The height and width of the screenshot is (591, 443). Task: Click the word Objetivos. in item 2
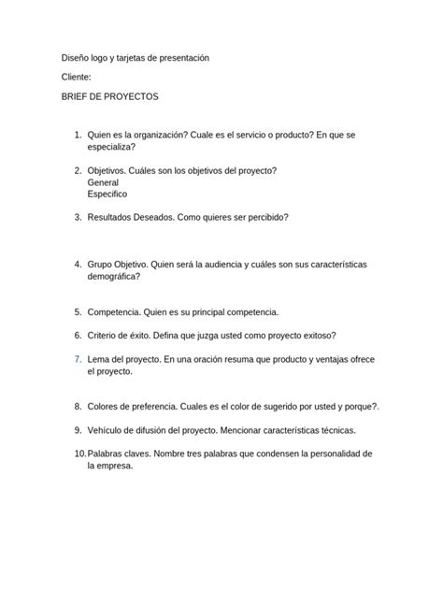pyautogui.click(x=109, y=170)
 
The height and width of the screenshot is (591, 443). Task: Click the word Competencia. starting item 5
pyautogui.click(x=116, y=311)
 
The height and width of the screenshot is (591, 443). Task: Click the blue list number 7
pyautogui.click(x=77, y=359)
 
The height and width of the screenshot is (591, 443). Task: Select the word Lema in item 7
pyautogui.click(x=98, y=359)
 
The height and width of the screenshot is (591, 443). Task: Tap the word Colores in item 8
pyautogui.click(x=104, y=407)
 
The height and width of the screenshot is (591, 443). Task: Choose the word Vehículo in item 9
pyautogui.click(x=107, y=430)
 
